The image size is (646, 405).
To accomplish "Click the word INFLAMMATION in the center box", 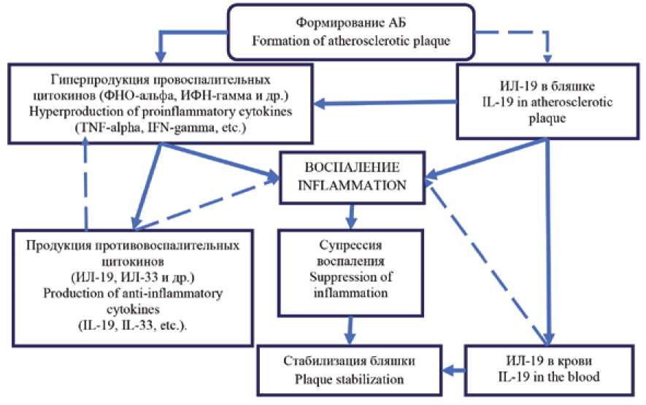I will pos(355,186).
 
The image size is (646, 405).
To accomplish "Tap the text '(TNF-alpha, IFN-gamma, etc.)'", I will pos(161,127).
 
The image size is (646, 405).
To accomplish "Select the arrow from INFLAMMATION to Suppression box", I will pos(353,214).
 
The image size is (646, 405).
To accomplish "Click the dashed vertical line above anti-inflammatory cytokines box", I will pos(86,182).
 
